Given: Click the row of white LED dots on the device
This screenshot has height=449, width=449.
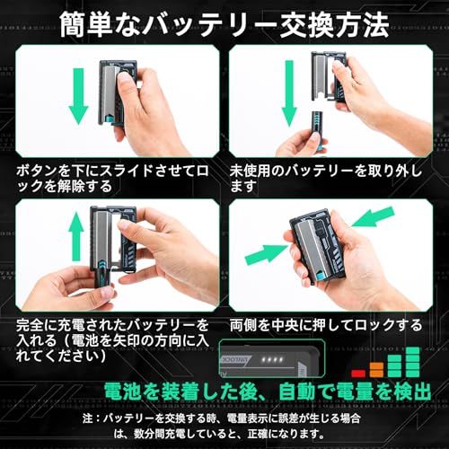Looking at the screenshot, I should pyautogui.click(x=282, y=360).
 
